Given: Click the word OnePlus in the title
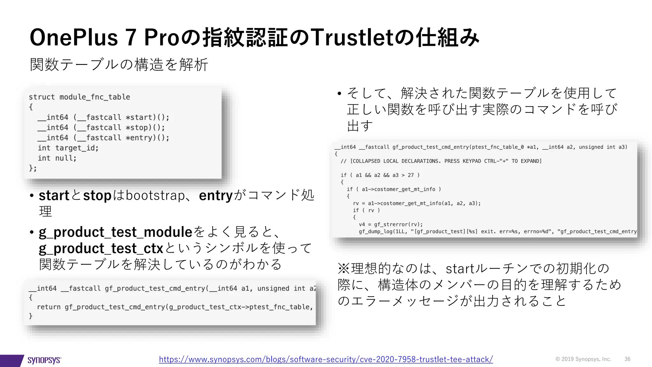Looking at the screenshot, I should pyautogui.click(x=74, y=38).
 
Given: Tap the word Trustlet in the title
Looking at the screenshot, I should pyautogui.click(x=351, y=38).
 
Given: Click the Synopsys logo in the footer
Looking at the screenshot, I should pyautogui.click(x=44, y=360).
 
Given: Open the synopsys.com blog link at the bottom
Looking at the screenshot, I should pyautogui.click(x=326, y=359).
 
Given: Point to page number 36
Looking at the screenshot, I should pyautogui.click(x=627, y=359).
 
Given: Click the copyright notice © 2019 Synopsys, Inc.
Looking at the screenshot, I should pyautogui.click(x=583, y=359).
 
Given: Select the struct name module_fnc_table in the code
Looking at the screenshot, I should pyautogui.click(x=95, y=97).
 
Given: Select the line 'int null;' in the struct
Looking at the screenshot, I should pyautogui.click(x=57, y=158).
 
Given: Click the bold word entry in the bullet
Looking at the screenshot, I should pyautogui.click(x=216, y=195).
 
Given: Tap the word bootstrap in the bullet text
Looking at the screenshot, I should pyautogui.click(x=155, y=195).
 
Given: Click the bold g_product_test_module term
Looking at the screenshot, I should pyautogui.click(x=116, y=232).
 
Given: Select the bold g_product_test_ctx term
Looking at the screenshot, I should pyautogui.click(x=101, y=248).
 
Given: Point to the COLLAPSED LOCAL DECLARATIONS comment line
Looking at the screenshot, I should pyautogui.click(x=441, y=161).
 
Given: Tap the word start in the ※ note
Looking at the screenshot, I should pyautogui.click(x=460, y=269).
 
